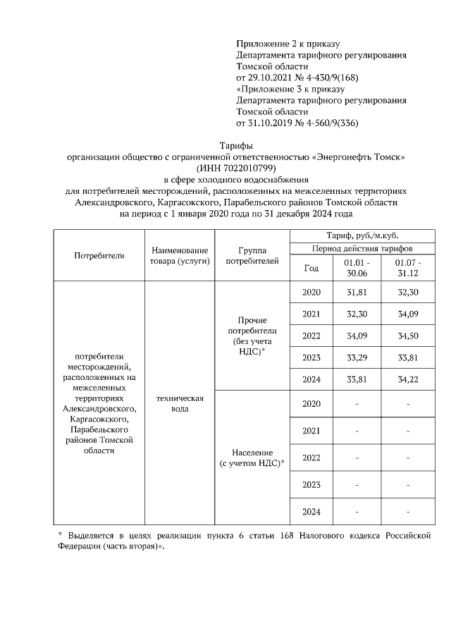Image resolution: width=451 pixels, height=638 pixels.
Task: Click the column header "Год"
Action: tap(311, 267)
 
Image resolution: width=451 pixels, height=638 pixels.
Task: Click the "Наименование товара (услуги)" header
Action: tap(179, 254)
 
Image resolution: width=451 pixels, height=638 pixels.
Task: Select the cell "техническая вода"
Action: tap(179, 403)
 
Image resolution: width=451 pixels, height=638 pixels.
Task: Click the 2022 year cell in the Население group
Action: tap(311, 458)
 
